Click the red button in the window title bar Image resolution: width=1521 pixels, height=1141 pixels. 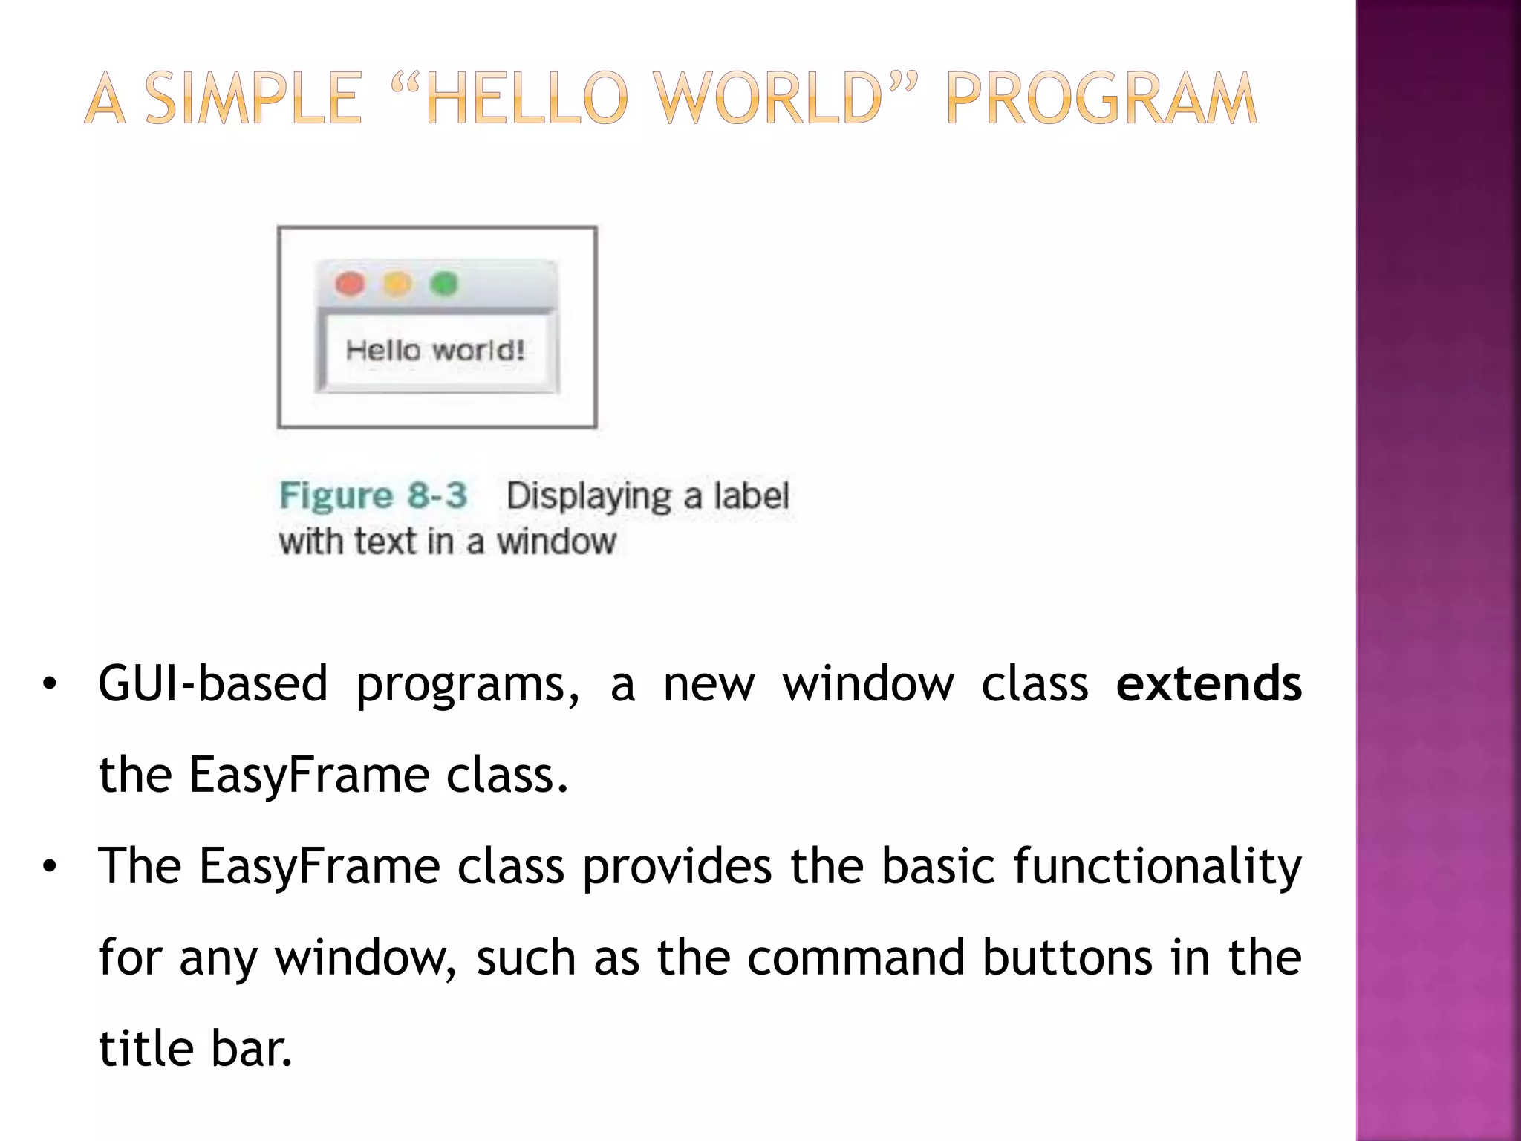(350, 284)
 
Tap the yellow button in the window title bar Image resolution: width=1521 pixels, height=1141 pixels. (397, 284)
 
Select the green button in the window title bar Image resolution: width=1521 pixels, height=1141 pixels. (444, 284)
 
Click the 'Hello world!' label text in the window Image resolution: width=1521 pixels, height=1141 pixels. (435, 350)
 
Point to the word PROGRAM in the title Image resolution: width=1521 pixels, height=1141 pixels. (1101, 99)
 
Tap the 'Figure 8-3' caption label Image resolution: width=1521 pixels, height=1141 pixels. (373, 495)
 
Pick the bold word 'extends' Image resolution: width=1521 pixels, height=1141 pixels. (1208, 683)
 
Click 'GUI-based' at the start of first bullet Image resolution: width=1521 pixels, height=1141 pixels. (212, 683)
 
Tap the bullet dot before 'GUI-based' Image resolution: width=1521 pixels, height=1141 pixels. (49, 685)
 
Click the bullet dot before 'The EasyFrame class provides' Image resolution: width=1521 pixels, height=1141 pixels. (49, 867)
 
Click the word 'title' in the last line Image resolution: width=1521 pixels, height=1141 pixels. (145, 1049)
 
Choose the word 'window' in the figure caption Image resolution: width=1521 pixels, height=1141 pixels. (556, 542)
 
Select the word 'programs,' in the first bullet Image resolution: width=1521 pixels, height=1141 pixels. (467, 685)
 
